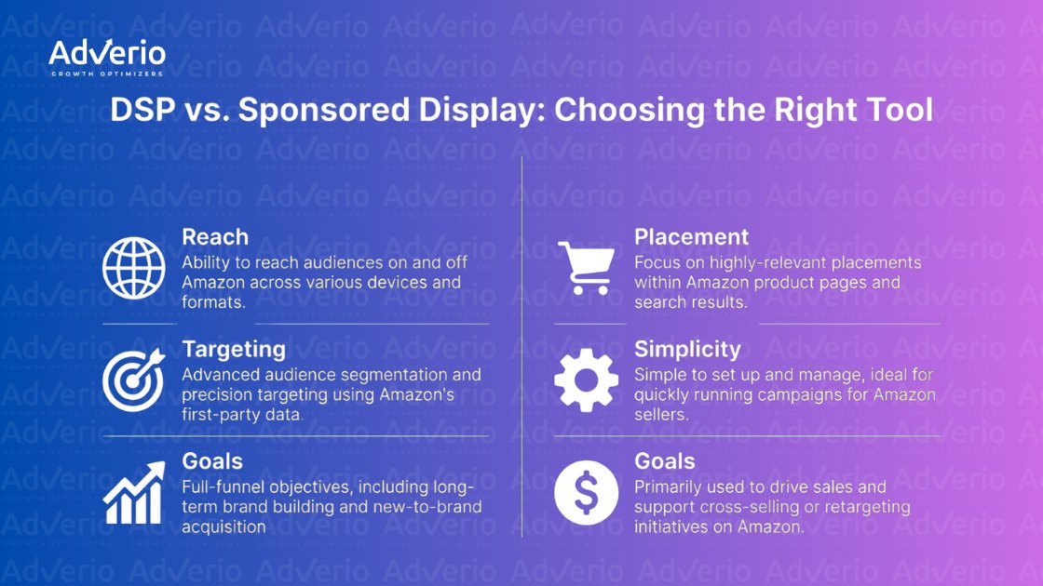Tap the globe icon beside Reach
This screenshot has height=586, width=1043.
(133, 267)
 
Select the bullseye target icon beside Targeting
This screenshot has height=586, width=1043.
(133, 380)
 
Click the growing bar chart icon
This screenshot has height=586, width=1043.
(133, 493)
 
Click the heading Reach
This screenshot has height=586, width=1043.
(215, 237)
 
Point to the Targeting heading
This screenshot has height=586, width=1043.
(234, 350)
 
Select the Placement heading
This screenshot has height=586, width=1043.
(691, 237)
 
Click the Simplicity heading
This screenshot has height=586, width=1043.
(687, 350)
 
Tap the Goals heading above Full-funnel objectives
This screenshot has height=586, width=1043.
(212, 461)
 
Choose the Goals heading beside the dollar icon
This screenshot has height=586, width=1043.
(665, 461)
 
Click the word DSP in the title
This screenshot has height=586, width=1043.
(140, 111)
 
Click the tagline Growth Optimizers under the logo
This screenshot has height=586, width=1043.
(107, 73)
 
